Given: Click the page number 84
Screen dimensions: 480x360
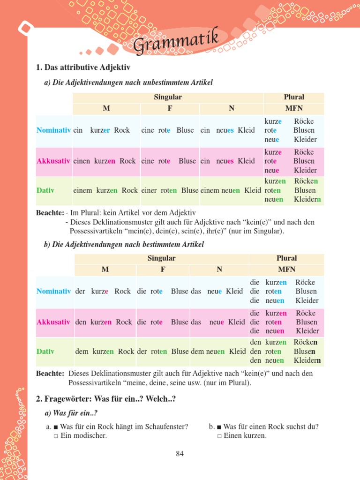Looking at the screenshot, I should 180,453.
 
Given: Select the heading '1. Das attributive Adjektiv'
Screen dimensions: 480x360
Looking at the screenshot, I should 83,68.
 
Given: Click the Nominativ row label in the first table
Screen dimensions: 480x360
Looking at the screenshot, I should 53,130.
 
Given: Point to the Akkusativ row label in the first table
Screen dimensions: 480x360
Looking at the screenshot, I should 53,161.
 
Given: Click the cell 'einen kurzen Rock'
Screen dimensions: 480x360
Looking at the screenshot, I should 105,161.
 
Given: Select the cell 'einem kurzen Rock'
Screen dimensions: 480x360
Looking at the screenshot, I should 105,190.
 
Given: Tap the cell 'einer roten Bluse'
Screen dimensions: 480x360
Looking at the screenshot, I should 170,190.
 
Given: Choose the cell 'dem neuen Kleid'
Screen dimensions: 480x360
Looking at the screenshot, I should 218,351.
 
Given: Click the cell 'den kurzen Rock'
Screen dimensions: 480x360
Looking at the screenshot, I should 104,322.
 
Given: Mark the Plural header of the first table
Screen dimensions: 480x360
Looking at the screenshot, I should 294,97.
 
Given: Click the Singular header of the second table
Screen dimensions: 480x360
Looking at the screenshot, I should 161,258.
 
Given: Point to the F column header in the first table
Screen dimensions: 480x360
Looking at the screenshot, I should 170,109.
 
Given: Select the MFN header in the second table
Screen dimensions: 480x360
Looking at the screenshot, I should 286,270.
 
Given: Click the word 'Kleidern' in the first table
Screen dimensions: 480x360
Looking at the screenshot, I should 307,200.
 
